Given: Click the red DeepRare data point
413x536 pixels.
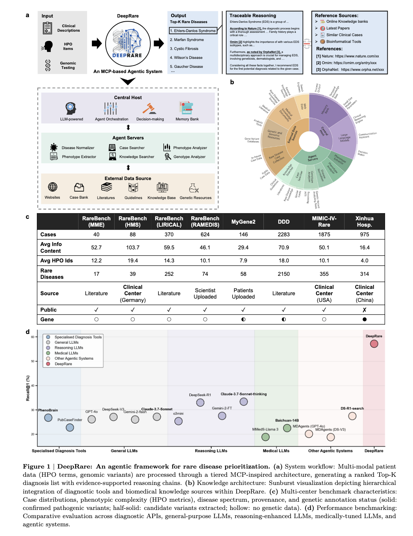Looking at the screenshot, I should coord(374,344).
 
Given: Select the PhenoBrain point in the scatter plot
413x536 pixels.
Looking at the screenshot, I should coord(48,417).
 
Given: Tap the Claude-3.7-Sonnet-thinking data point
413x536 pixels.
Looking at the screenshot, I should coord(244,401).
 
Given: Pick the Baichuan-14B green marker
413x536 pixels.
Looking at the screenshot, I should coord(287,428).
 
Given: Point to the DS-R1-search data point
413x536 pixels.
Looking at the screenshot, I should coord(352,416).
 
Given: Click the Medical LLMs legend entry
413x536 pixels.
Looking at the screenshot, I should coord(66,353).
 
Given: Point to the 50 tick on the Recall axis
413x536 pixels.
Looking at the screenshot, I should coord(33,361).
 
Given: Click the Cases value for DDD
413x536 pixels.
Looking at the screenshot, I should coord(284,234).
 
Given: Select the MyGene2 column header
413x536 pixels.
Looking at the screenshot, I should coord(243,222).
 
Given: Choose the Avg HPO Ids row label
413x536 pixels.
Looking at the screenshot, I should coord(57,261).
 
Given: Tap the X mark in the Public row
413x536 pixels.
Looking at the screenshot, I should coord(364,310).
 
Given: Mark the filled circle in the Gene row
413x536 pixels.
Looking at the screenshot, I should coord(364,319).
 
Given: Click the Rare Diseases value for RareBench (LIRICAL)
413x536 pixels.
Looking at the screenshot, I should coord(169,274).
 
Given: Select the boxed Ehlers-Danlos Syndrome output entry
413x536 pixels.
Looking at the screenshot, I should coord(193,31).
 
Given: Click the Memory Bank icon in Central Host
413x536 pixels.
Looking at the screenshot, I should coord(186,108).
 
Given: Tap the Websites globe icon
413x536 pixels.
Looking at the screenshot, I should coord(53,187).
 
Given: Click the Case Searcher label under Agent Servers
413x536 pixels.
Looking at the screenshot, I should coord(132,148).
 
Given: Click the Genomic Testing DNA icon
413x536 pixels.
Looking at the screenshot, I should coord(48,65).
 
